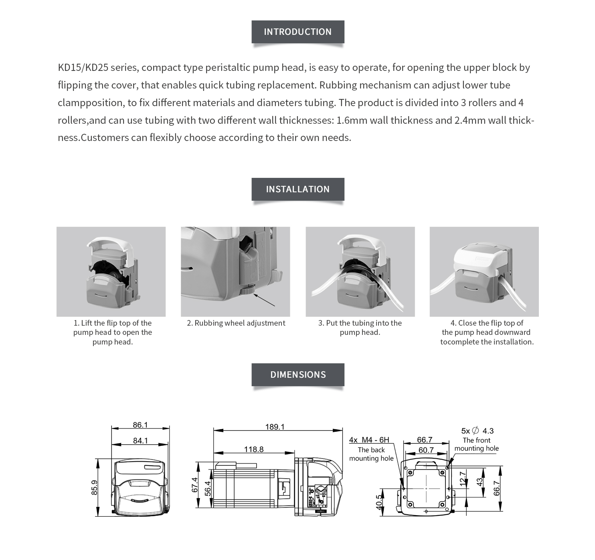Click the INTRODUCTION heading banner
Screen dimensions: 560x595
(x=297, y=32)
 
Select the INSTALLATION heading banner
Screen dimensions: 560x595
(x=297, y=189)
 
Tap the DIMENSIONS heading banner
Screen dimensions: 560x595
(x=297, y=375)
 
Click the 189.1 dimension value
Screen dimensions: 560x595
(x=275, y=427)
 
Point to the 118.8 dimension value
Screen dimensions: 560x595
(x=254, y=449)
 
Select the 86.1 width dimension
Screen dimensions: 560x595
(x=140, y=425)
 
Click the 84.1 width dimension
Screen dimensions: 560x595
(x=140, y=441)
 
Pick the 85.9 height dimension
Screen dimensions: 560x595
(x=95, y=487)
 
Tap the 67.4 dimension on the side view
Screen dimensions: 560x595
(x=195, y=485)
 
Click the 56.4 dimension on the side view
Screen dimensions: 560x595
(x=208, y=489)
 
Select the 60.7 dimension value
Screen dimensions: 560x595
(x=426, y=450)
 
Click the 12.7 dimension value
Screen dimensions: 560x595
(x=463, y=479)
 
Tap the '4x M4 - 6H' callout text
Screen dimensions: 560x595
(x=369, y=440)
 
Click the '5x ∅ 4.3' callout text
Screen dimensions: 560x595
(x=477, y=431)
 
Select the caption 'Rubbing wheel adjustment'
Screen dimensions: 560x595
(x=236, y=323)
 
